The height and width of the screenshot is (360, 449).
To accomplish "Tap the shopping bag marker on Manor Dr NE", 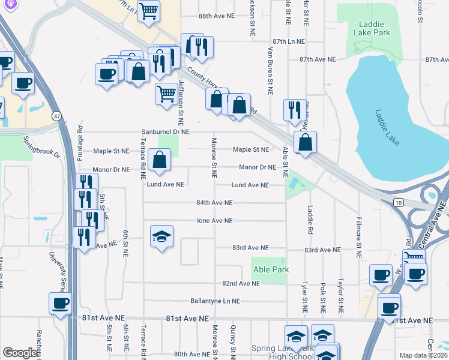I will coord(160,160).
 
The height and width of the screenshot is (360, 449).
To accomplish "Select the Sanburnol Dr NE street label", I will coord(165,131).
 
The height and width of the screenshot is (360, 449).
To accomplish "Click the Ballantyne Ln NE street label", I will coord(215,301).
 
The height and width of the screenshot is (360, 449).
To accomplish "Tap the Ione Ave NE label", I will coord(215,221).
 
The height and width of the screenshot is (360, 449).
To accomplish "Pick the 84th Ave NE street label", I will coord(214,203).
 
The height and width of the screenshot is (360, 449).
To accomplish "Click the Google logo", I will coord(20,353).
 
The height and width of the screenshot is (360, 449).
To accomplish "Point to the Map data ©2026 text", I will coord(423,355).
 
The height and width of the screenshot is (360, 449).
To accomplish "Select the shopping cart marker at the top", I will coord(148,10).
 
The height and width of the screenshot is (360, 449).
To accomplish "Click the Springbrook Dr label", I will coord(41,148).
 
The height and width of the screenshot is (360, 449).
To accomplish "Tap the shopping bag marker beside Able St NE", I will coord(305,143).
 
